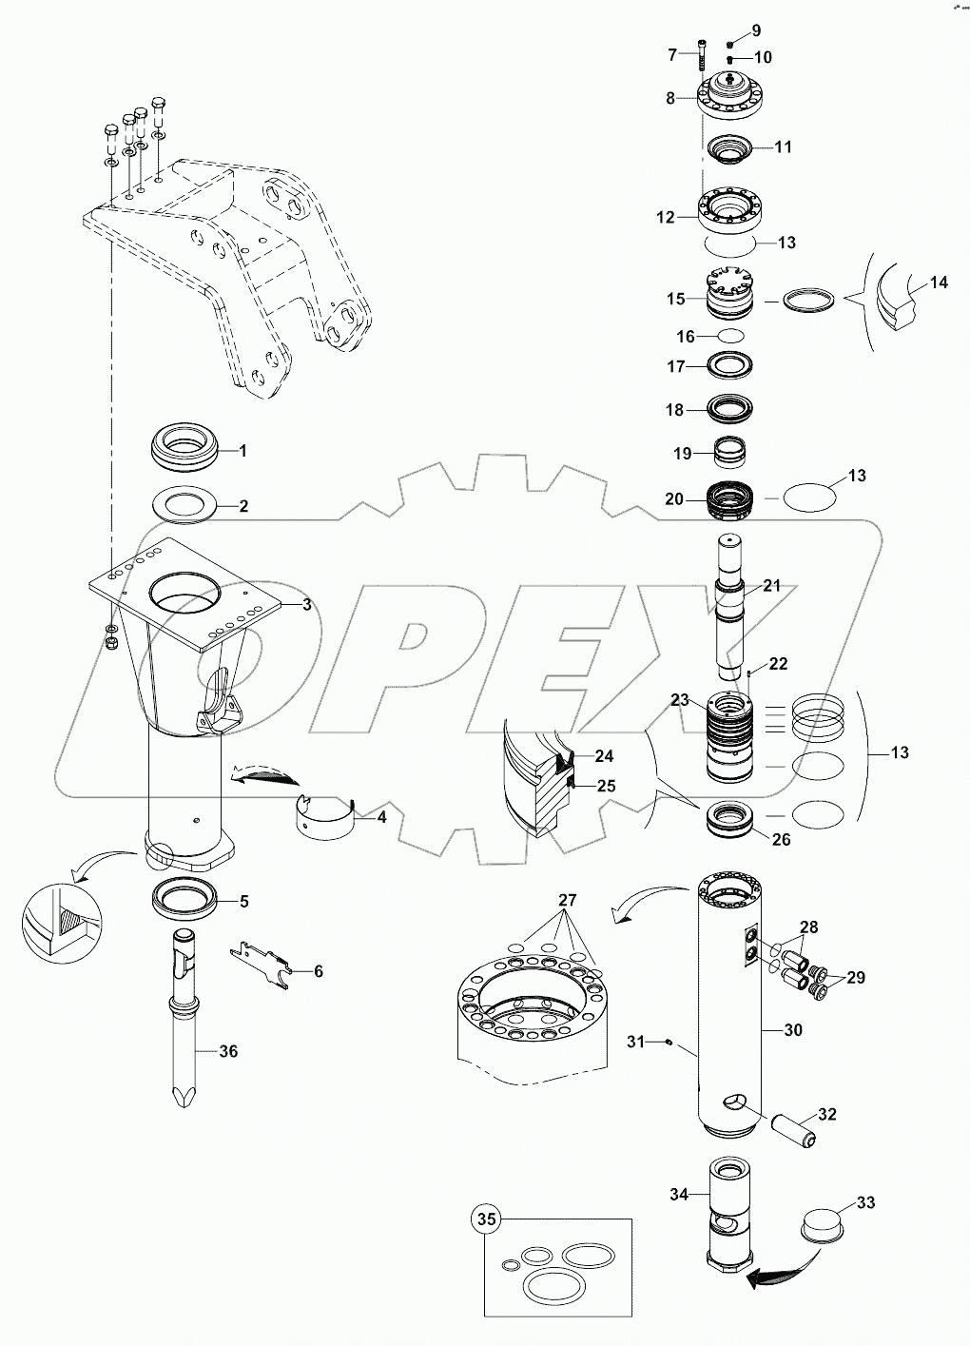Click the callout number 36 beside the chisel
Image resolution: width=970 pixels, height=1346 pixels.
(x=228, y=1051)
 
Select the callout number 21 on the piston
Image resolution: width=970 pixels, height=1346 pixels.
(x=771, y=586)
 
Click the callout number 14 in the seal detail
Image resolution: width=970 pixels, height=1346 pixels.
(x=939, y=283)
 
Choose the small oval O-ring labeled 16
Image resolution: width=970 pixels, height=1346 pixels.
(x=730, y=336)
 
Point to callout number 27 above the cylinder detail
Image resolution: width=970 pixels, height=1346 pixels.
(x=568, y=900)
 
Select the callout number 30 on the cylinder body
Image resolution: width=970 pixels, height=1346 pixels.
(x=793, y=1030)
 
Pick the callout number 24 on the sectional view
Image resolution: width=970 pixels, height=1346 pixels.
(x=604, y=756)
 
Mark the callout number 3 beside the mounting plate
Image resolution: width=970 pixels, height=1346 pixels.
(x=306, y=605)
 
